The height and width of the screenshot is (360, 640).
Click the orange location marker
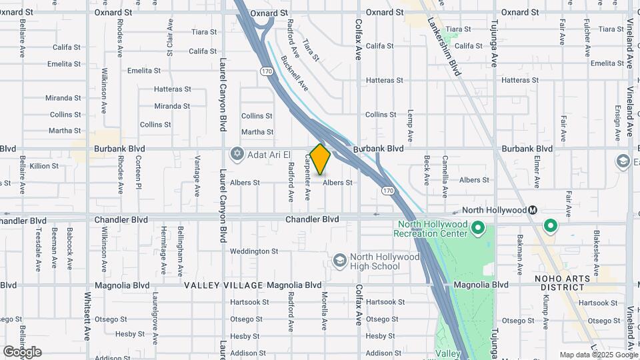pos(320,159)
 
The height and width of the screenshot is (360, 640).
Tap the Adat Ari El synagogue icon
pos(237,155)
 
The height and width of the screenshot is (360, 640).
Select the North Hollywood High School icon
pos(339,260)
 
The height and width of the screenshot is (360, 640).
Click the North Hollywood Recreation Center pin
pos(477,229)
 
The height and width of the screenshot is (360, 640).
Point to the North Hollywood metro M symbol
pos(533,210)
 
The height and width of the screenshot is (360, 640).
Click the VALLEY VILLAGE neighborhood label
pos(223,285)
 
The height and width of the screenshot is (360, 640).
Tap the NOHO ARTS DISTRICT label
pos(563,283)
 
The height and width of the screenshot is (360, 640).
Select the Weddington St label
pos(254,251)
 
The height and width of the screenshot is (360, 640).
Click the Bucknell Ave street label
pos(294,73)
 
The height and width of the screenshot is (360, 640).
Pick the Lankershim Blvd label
pos(454,57)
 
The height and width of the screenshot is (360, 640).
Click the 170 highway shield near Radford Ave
pos(267,71)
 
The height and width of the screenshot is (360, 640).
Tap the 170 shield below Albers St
pos(388,191)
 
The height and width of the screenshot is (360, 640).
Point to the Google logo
pos(22,352)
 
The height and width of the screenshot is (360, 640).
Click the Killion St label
pos(44,166)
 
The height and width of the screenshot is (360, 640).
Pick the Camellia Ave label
pos(445,171)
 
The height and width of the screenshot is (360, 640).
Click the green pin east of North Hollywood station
pos(551,226)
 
